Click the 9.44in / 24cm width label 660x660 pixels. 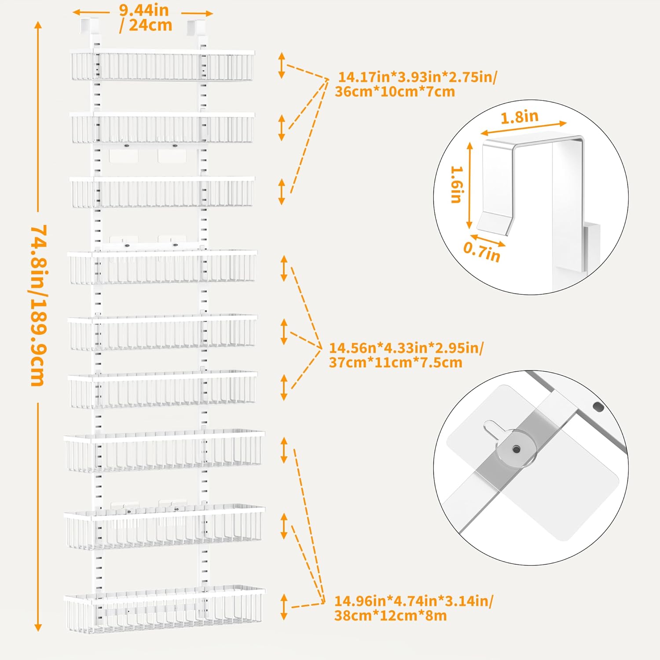pyautogui.click(x=145, y=18)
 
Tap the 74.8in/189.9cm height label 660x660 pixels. pyautogui.click(x=38, y=305)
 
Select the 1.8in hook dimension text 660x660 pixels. pyautogui.click(x=520, y=117)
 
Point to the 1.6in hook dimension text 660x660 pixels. pyautogui.click(x=457, y=184)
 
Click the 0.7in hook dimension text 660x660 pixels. pyautogui.click(x=482, y=253)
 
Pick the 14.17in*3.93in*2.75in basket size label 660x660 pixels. pyautogui.click(x=418, y=77)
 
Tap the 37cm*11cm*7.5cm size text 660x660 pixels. pyautogui.click(x=396, y=363)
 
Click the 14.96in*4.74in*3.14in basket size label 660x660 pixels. pyautogui.click(x=414, y=601)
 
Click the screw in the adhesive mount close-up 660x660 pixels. pyautogui.click(x=517, y=449)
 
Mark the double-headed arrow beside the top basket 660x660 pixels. pyautogui.click(x=282, y=66)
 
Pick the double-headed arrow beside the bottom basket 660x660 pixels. pyautogui.click(x=284, y=607)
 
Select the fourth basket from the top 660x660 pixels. pyautogui.click(x=162, y=267)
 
